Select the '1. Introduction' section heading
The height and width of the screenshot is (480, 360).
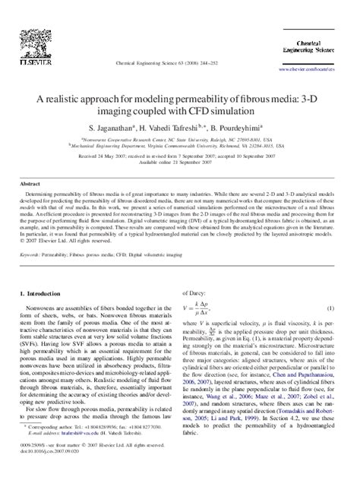49,272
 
